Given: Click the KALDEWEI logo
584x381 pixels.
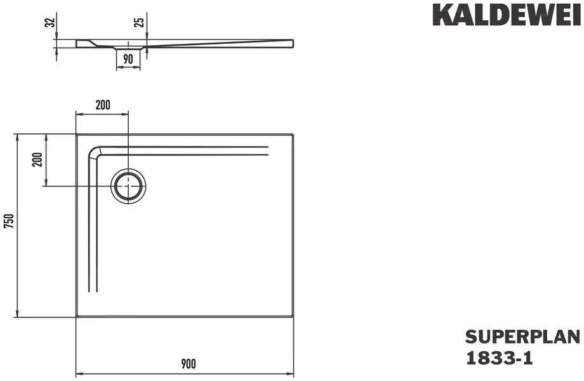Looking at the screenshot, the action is (x=507, y=15).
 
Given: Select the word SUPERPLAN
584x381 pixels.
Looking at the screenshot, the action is (x=522, y=337).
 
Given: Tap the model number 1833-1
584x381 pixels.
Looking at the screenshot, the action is (x=499, y=358).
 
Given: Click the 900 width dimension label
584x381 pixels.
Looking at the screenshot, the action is (x=189, y=363).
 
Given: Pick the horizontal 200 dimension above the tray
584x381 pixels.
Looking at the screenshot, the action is (x=103, y=105).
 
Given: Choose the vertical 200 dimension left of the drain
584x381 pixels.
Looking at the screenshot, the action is (x=37, y=159).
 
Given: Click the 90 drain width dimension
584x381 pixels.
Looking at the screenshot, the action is (x=128, y=59).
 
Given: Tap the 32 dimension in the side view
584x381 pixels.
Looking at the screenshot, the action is (x=50, y=22).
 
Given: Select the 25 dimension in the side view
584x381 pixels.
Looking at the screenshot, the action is (x=139, y=22).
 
